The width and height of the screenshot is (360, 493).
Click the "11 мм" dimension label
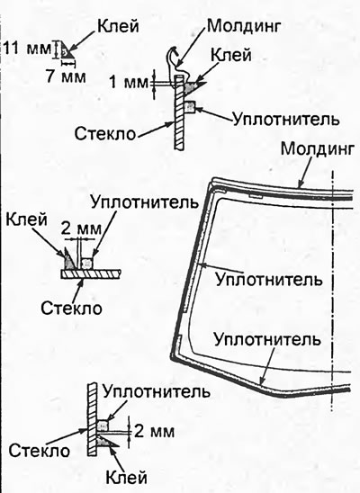pyautogui.click(x=28, y=49)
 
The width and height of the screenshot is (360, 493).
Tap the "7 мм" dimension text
pyautogui.click(x=66, y=76)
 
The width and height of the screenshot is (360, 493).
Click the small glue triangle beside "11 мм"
pyautogui.click(x=67, y=50)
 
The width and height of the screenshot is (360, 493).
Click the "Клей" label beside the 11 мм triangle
pyautogui.click(x=118, y=26)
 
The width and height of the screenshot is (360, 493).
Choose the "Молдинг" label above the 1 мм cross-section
pyautogui.click(x=243, y=26)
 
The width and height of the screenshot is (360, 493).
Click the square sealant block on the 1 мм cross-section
pyautogui.click(x=190, y=106)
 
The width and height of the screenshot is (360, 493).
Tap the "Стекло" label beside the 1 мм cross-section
pyautogui.click(x=105, y=134)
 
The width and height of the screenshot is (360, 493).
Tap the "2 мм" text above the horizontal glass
pyautogui.click(x=81, y=229)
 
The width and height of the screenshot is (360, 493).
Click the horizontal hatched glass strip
pyautogui.click(x=91, y=273)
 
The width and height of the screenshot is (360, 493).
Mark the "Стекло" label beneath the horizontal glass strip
pyautogui.click(x=71, y=308)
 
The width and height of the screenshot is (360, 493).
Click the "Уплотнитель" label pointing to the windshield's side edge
pyautogui.click(x=269, y=279)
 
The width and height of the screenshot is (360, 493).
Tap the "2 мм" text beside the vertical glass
pyautogui.click(x=154, y=432)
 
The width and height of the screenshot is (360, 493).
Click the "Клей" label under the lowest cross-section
pyautogui.click(x=126, y=478)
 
